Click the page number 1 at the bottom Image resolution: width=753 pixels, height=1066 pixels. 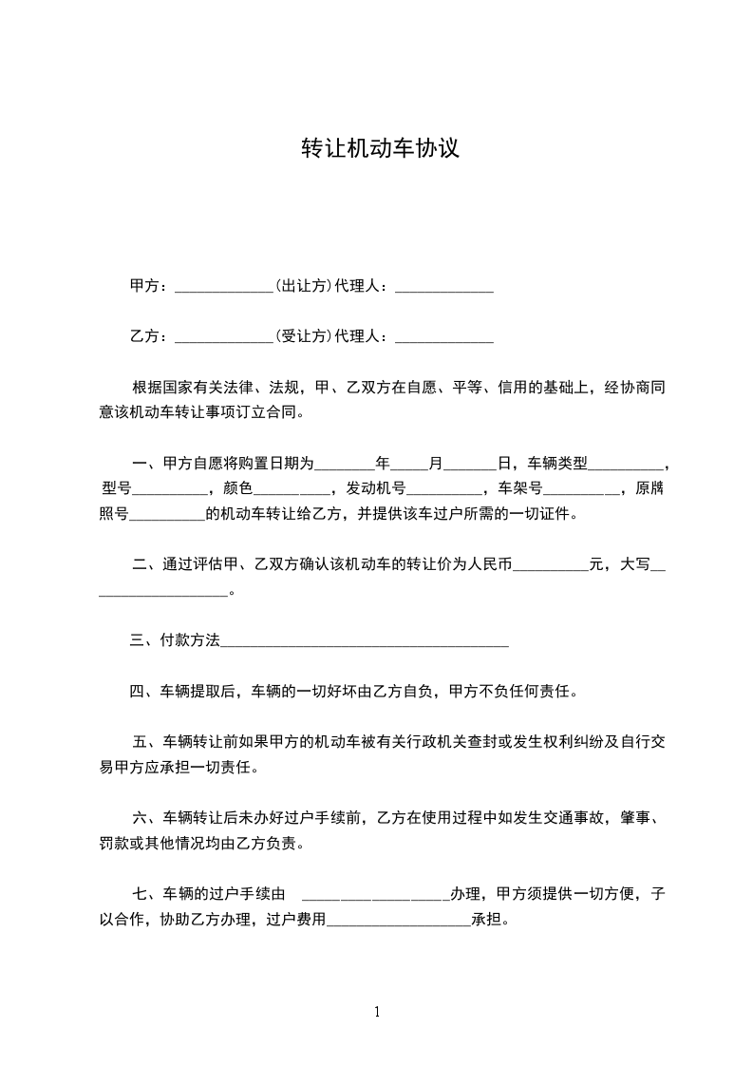coord(377,1012)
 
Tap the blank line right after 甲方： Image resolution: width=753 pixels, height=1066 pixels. coord(224,287)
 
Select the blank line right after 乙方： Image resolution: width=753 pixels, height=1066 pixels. coord(224,336)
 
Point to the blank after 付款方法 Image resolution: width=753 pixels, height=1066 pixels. coord(365,642)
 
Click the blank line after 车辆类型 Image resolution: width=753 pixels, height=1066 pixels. coord(628,466)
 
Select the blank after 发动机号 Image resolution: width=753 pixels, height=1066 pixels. coord(444,491)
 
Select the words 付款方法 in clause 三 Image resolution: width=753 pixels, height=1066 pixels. coord(191,640)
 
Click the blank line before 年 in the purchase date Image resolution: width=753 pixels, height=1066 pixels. coord(345,466)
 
